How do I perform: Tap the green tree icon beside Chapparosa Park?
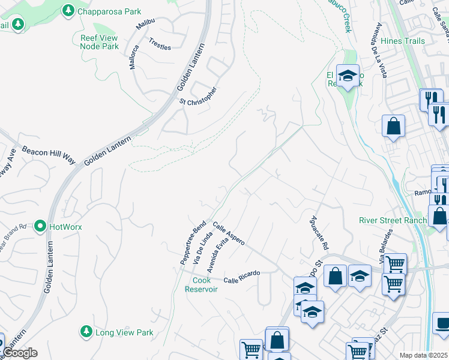(x=68, y=11)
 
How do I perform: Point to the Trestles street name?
(x=160, y=45)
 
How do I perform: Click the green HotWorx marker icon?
(x=40, y=227)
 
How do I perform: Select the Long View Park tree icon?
(x=86, y=332)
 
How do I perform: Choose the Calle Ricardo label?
(x=241, y=277)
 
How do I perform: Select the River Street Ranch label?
(x=393, y=220)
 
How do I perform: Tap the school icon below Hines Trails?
(x=348, y=76)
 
